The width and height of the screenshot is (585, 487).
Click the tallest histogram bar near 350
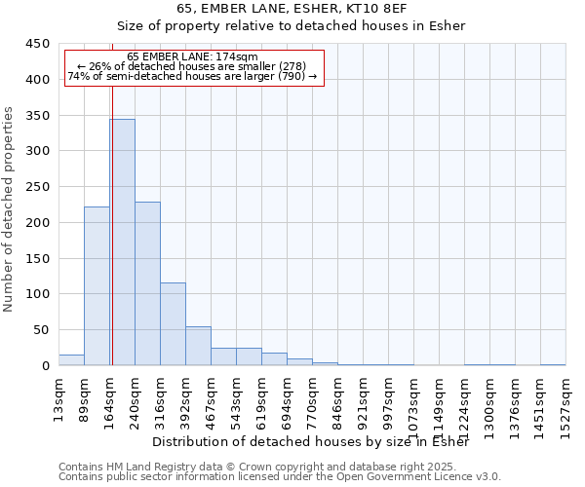(x=122, y=243)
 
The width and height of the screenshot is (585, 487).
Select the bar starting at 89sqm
(x=97, y=286)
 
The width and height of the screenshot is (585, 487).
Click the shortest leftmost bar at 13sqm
(x=71, y=360)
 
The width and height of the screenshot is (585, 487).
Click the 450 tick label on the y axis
(x=37, y=44)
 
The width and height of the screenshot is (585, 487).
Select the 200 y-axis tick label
(x=37, y=223)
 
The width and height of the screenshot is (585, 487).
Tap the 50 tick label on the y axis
(x=41, y=330)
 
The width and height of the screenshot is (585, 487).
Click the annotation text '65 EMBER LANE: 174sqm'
(x=192, y=57)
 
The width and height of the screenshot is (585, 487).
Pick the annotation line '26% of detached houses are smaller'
(x=192, y=66)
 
